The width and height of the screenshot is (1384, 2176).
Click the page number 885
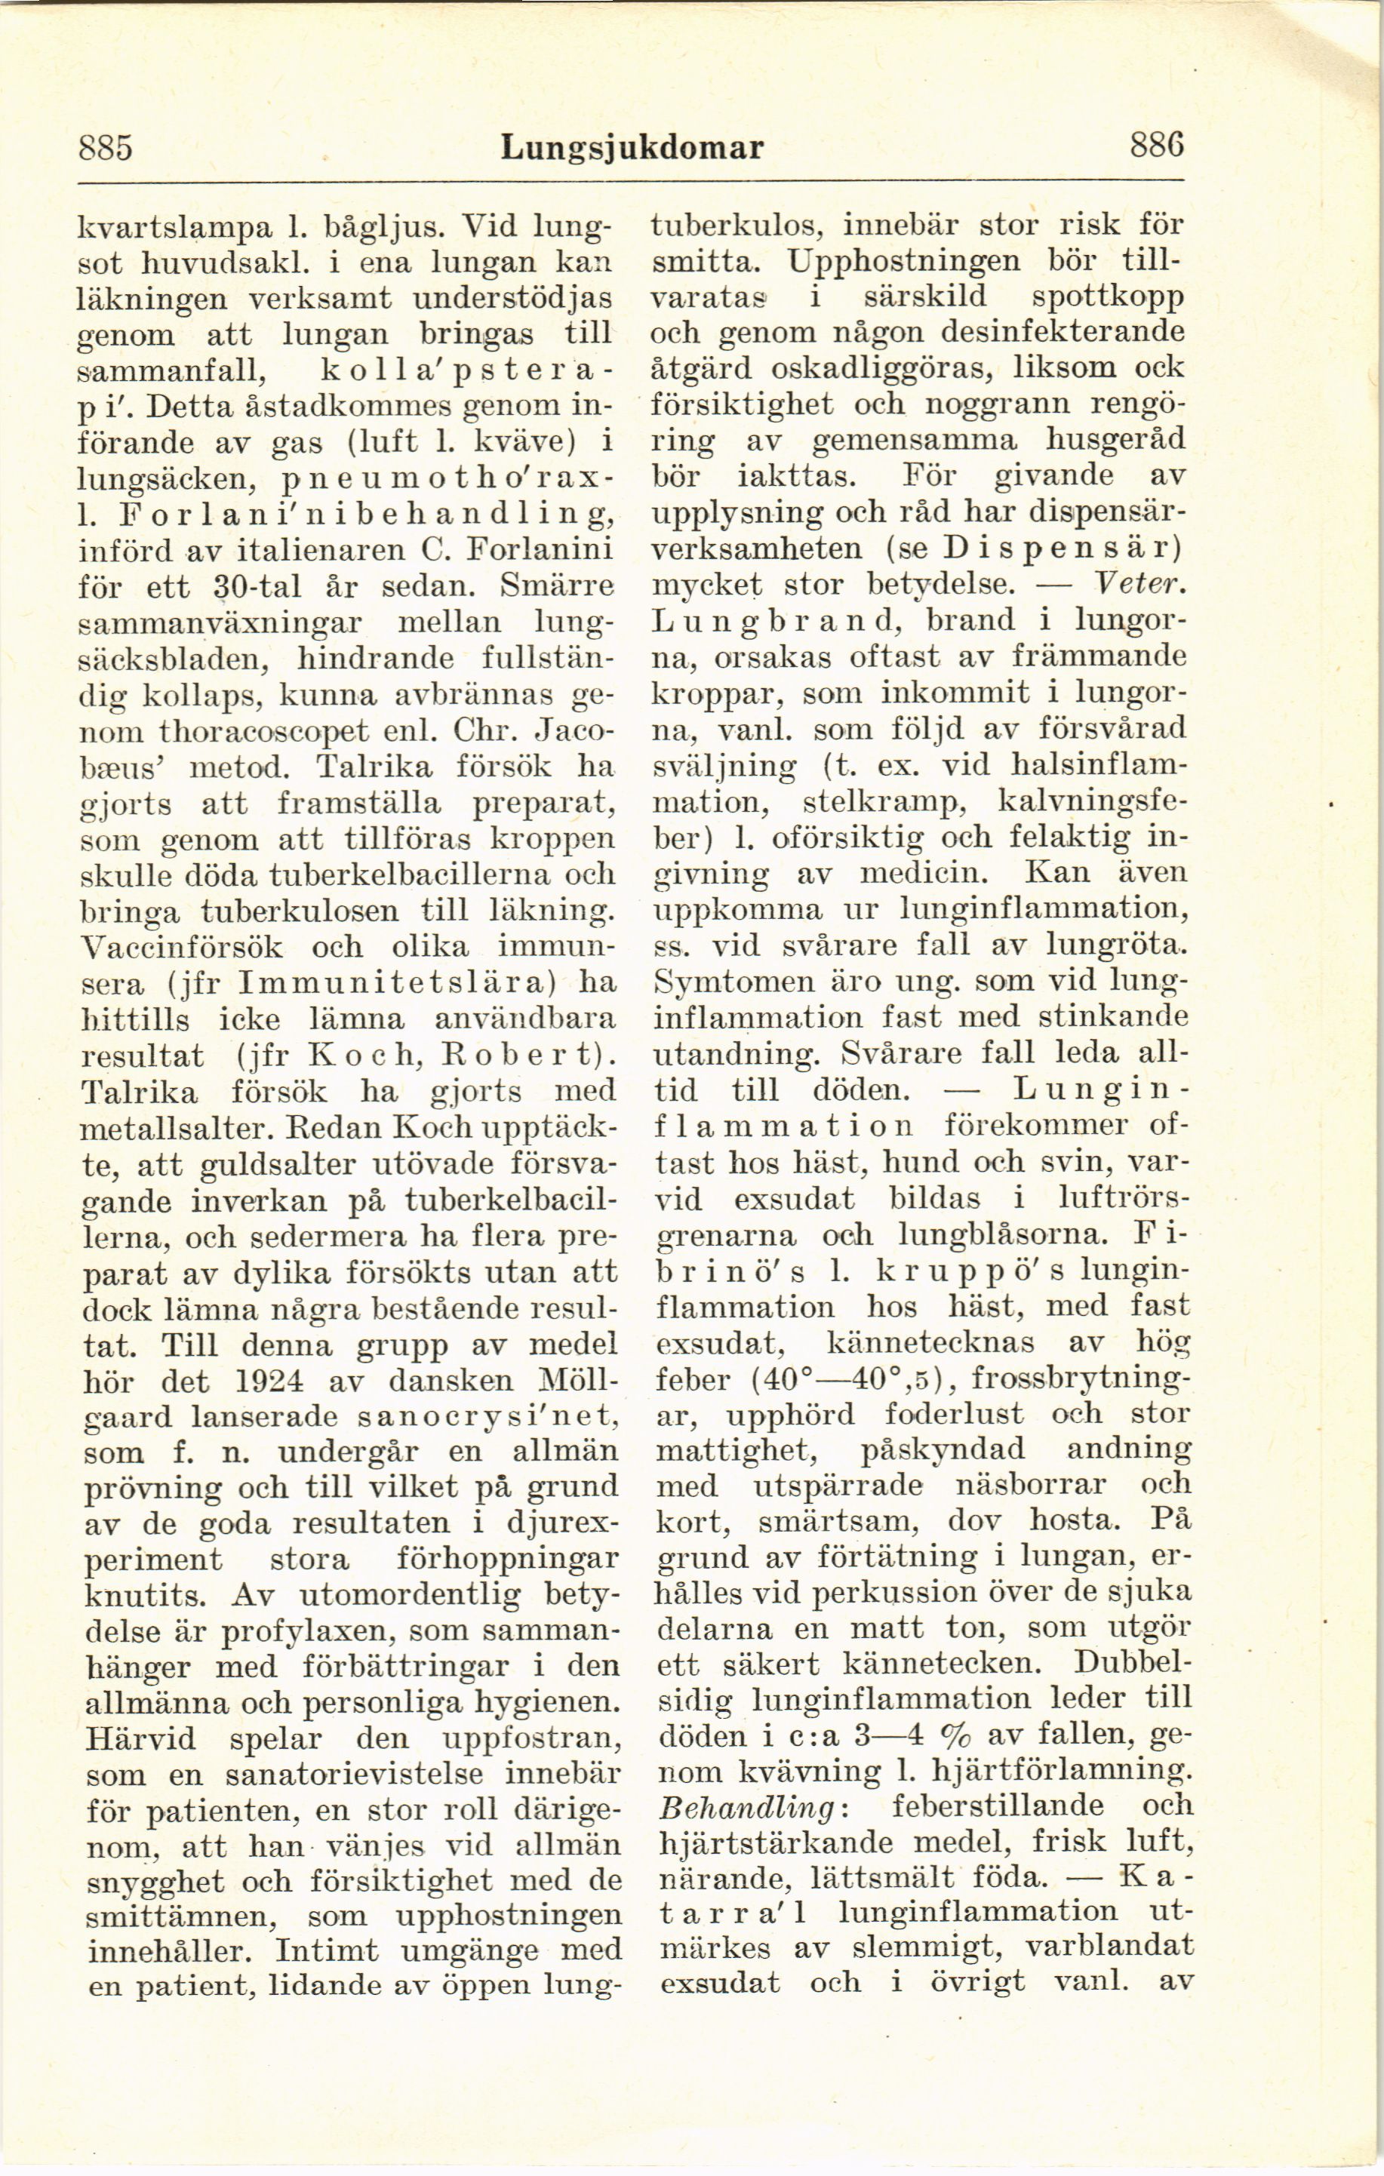[x=106, y=145]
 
